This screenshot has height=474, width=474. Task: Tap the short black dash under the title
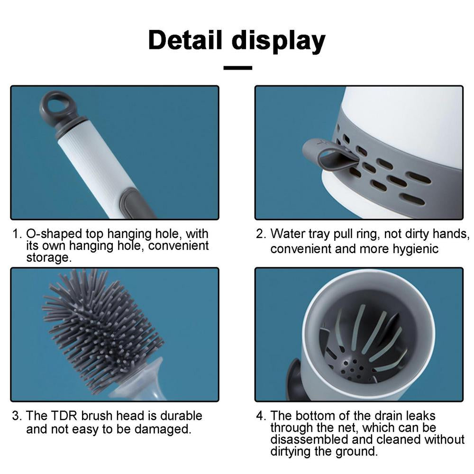coord(237,68)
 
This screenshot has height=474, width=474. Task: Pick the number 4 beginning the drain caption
coord(260,416)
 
